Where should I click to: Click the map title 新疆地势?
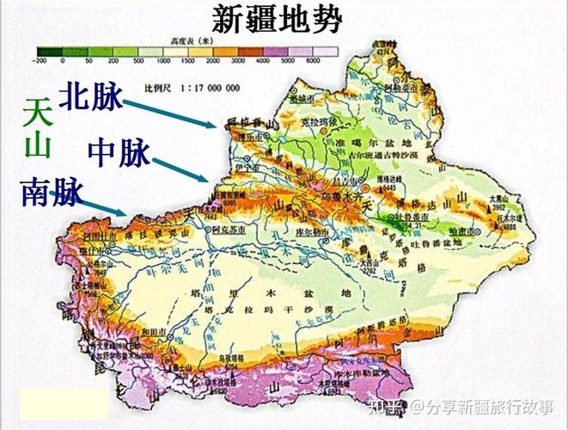pyautogui.click(x=276, y=19)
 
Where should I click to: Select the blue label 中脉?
pyautogui.click(x=119, y=153)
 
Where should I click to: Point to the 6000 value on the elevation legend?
pyautogui.click(x=312, y=62)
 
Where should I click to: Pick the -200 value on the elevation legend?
pyautogui.click(x=39, y=62)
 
